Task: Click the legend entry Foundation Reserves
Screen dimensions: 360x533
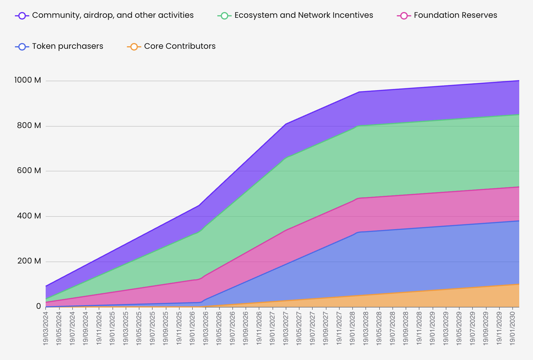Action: [x=455, y=15]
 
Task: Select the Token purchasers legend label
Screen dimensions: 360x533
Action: [x=68, y=46]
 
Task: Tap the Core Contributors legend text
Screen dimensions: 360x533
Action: [x=179, y=46]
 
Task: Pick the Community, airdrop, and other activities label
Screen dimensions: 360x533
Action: [x=113, y=15]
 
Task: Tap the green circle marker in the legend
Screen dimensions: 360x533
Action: [x=224, y=15]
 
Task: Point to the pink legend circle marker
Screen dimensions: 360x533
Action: [x=403, y=15]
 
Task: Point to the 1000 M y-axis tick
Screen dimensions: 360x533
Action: [x=28, y=81]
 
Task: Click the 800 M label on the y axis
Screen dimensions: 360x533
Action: [x=29, y=126]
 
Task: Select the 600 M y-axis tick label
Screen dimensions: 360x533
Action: [x=29, y=171]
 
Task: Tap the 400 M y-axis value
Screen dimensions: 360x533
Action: [x=29, y=216]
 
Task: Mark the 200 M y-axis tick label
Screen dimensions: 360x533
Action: [x=29, y=261]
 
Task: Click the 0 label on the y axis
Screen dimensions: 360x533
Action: [x=39, y=307]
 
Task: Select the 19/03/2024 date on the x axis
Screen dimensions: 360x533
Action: [x=46, y=327]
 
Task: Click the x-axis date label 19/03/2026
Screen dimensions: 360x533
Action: [x=206, y=327]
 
